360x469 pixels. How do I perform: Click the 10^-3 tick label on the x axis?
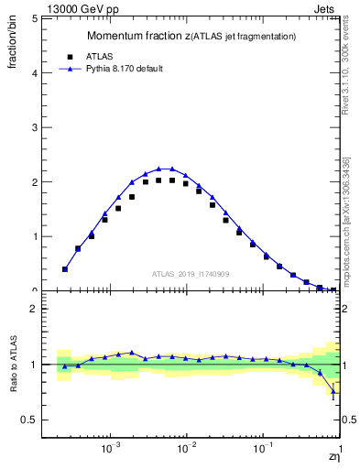(111, 451)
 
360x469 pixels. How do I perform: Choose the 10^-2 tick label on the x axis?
(187, 451)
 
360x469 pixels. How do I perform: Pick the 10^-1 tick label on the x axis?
(263, 451)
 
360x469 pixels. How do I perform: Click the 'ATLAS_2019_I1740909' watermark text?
(192, 274)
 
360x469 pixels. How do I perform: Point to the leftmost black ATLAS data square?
(64, 269)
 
